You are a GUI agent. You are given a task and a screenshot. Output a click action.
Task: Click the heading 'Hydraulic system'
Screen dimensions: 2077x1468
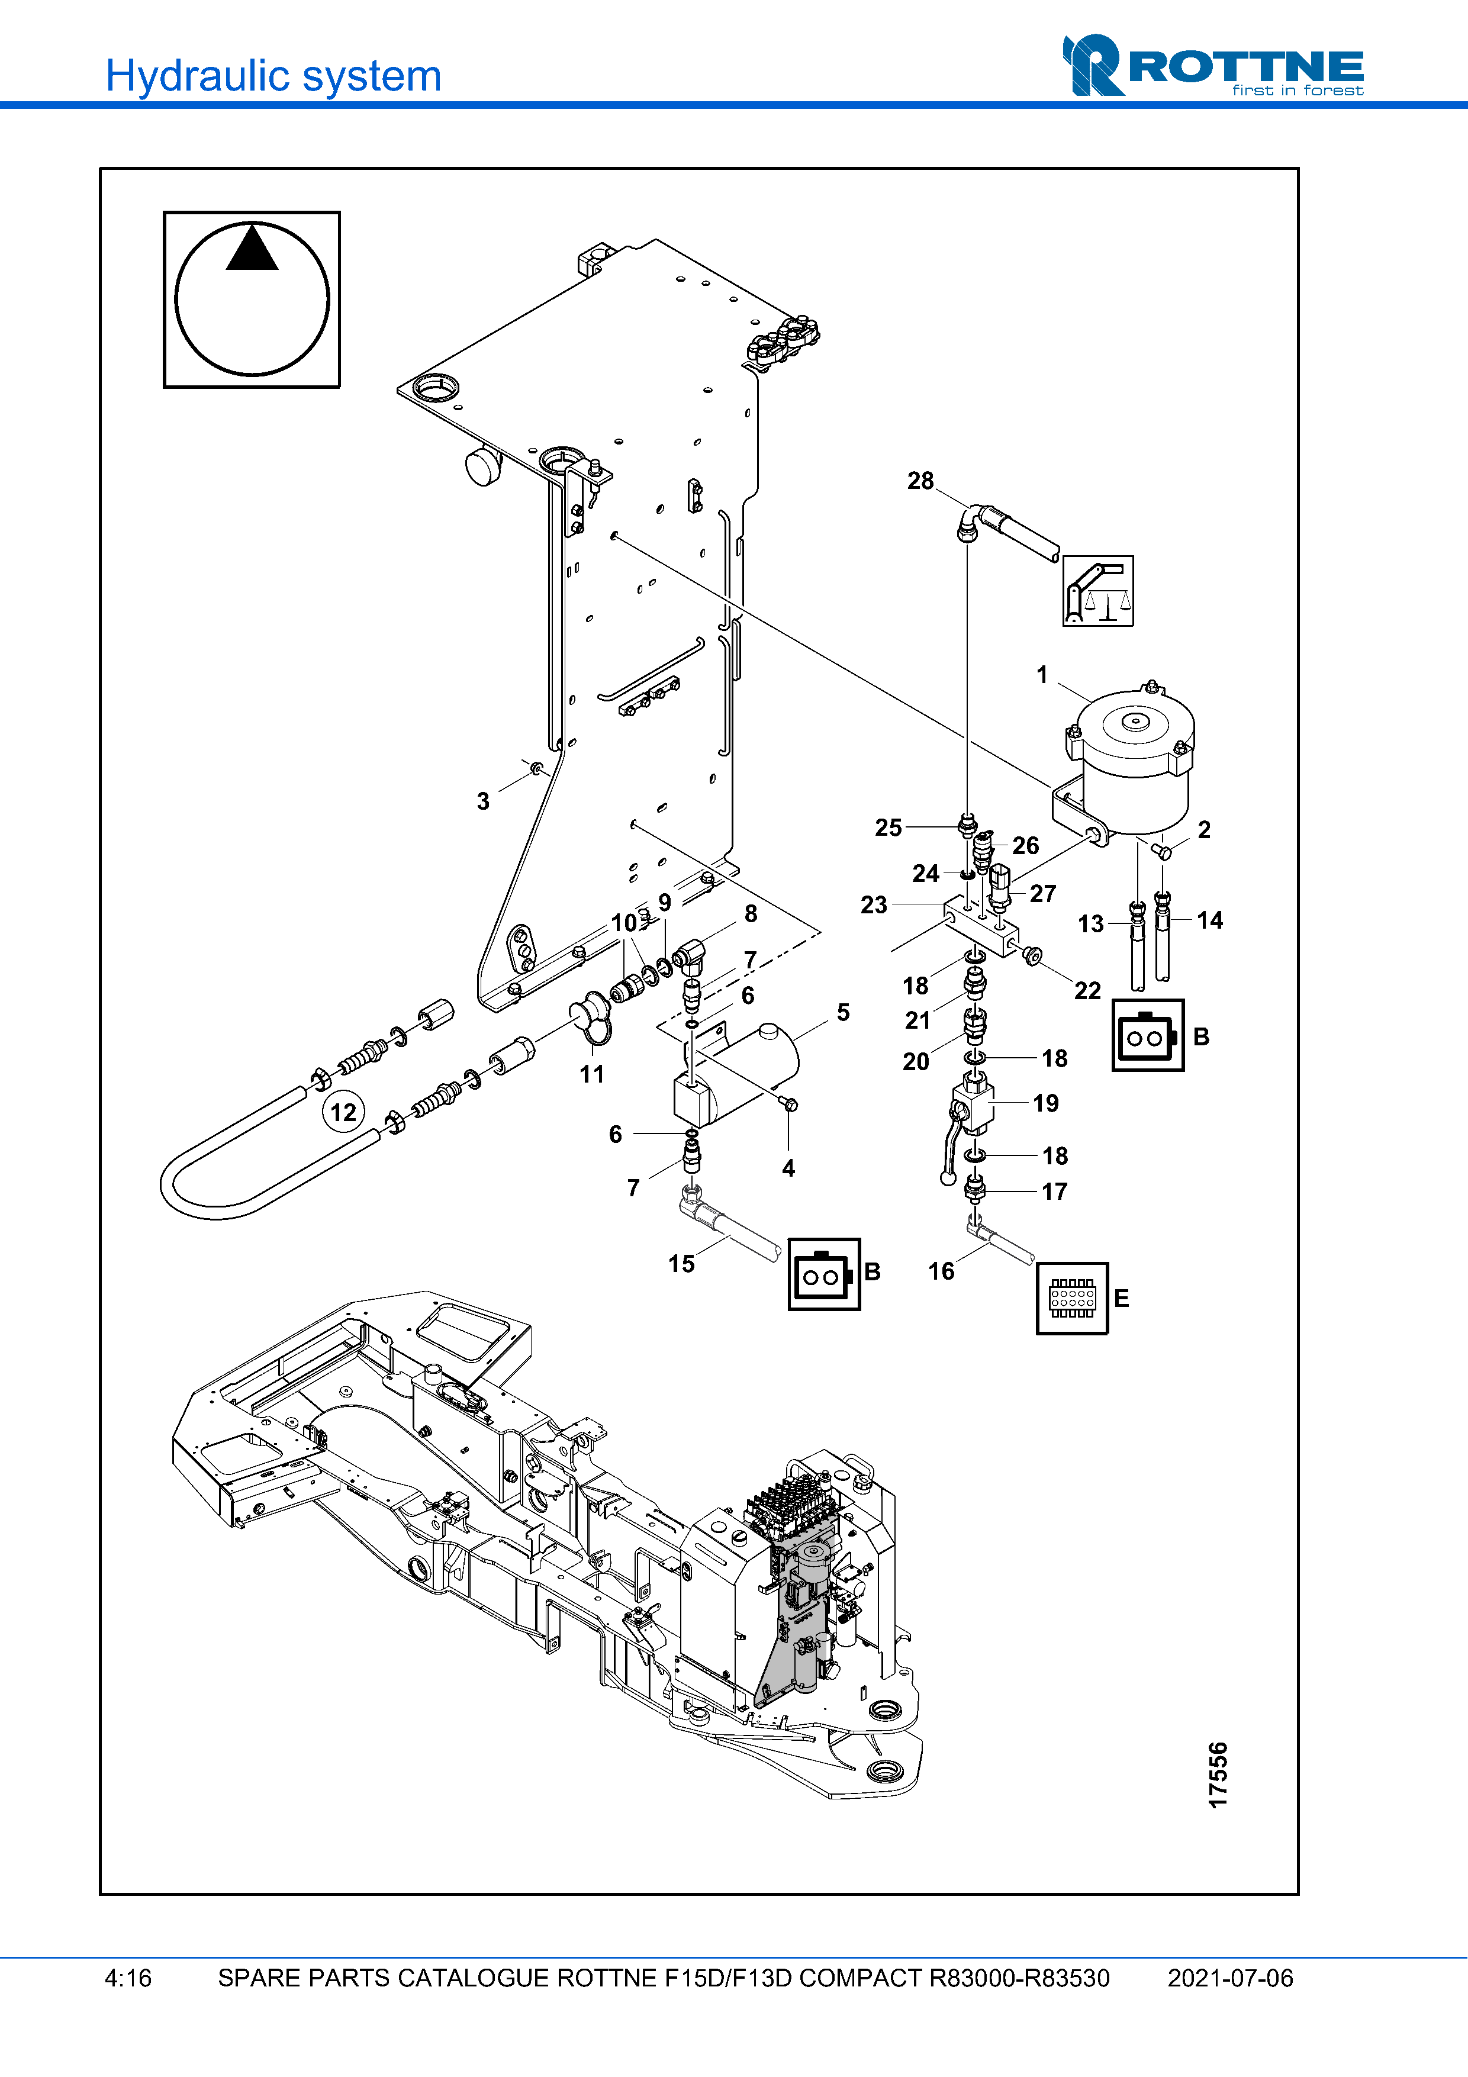click(x=273, y=76)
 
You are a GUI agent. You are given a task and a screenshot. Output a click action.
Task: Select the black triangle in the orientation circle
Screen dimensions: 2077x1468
click(x=252, y=249)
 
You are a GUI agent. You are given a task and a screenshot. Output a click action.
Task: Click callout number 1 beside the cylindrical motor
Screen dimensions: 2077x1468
click(x=1042, y=675)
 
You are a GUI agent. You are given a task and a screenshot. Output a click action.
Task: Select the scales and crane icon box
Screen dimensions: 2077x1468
click(x=1097, y=591)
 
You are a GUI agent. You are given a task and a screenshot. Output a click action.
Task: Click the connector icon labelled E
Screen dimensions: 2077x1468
click(x=1072, y=1298)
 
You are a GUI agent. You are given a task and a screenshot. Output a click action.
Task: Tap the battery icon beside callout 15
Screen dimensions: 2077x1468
click(x=823, y=1274)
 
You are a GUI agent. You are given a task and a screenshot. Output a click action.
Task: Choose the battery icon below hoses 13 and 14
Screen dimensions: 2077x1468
click(x=1147, y=1036)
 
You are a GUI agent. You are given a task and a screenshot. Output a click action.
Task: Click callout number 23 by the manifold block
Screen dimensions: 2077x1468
click(x=873, y=904)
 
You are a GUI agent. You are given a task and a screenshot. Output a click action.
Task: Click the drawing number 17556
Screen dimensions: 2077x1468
click(x=1218, y=1775)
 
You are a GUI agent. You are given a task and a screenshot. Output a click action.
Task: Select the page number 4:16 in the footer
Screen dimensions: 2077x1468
click(x=128, y=1978)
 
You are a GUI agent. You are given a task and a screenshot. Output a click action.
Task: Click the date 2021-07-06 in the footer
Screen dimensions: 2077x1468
click(x=1229, y=1978)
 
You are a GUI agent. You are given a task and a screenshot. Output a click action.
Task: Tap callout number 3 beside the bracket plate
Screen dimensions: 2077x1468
click(x=483, y=801)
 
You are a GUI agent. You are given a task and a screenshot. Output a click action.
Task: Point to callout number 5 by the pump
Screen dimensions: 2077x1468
click(x=843, y=1012)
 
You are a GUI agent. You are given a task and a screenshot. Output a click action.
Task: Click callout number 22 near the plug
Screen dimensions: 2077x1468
click(x=1087, y=990)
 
